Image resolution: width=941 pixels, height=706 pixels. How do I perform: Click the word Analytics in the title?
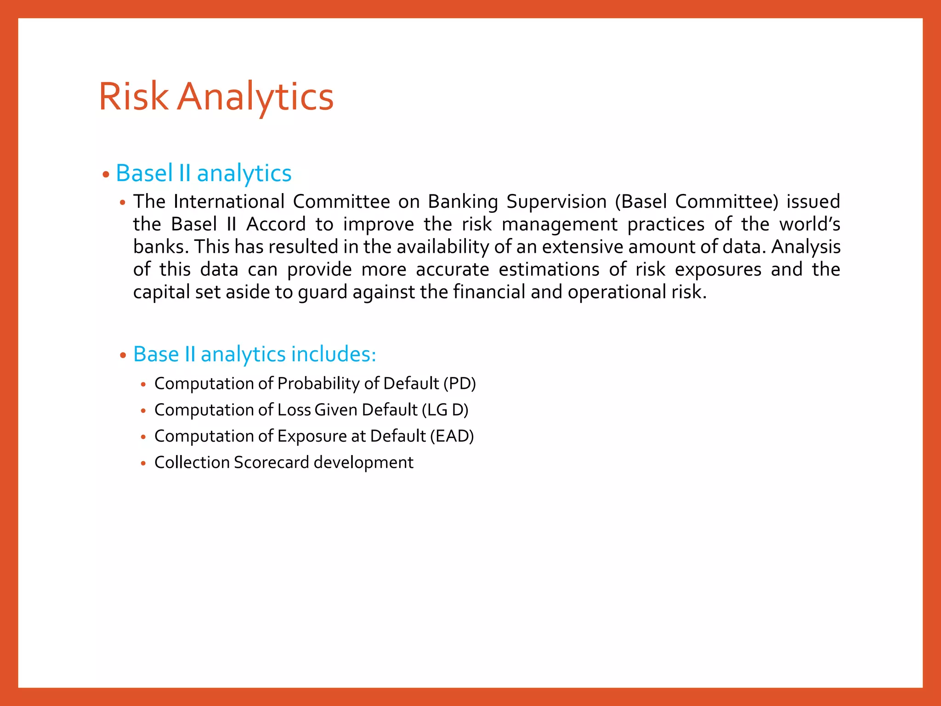point(255,97)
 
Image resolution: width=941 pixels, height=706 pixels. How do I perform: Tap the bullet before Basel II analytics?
point(106,175)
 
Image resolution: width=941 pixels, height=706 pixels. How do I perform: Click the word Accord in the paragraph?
point(276,224)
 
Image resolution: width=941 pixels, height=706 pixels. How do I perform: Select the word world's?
point(810,224)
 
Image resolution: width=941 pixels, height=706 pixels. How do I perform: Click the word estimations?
point(549,269)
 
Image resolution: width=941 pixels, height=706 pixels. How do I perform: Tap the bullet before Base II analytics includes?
point(123,355)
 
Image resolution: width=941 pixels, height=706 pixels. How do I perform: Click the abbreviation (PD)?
point(459,383)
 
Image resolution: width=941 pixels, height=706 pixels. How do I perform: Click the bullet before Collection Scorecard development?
point(143,463)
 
